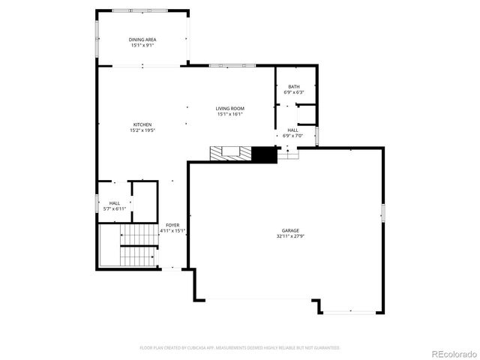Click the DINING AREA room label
coord(142,39)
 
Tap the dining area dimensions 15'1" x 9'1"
coord(142,45)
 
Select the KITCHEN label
coord(142,124)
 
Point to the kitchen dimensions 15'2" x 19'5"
coord(142,130)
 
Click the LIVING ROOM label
coord(230,109)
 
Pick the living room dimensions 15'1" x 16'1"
coord(230,115)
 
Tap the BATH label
coord(294,87)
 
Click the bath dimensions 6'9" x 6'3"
coord(294,92)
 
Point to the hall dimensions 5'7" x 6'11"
coord(115,208)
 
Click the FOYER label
coord(172,225)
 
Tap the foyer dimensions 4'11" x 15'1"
coord(172,231)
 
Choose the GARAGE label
coord(290,230)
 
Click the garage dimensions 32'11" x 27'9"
coord(290,236)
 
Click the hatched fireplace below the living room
coord(230,154)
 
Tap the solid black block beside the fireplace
coord(264,154)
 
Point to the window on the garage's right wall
coord(382,214)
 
